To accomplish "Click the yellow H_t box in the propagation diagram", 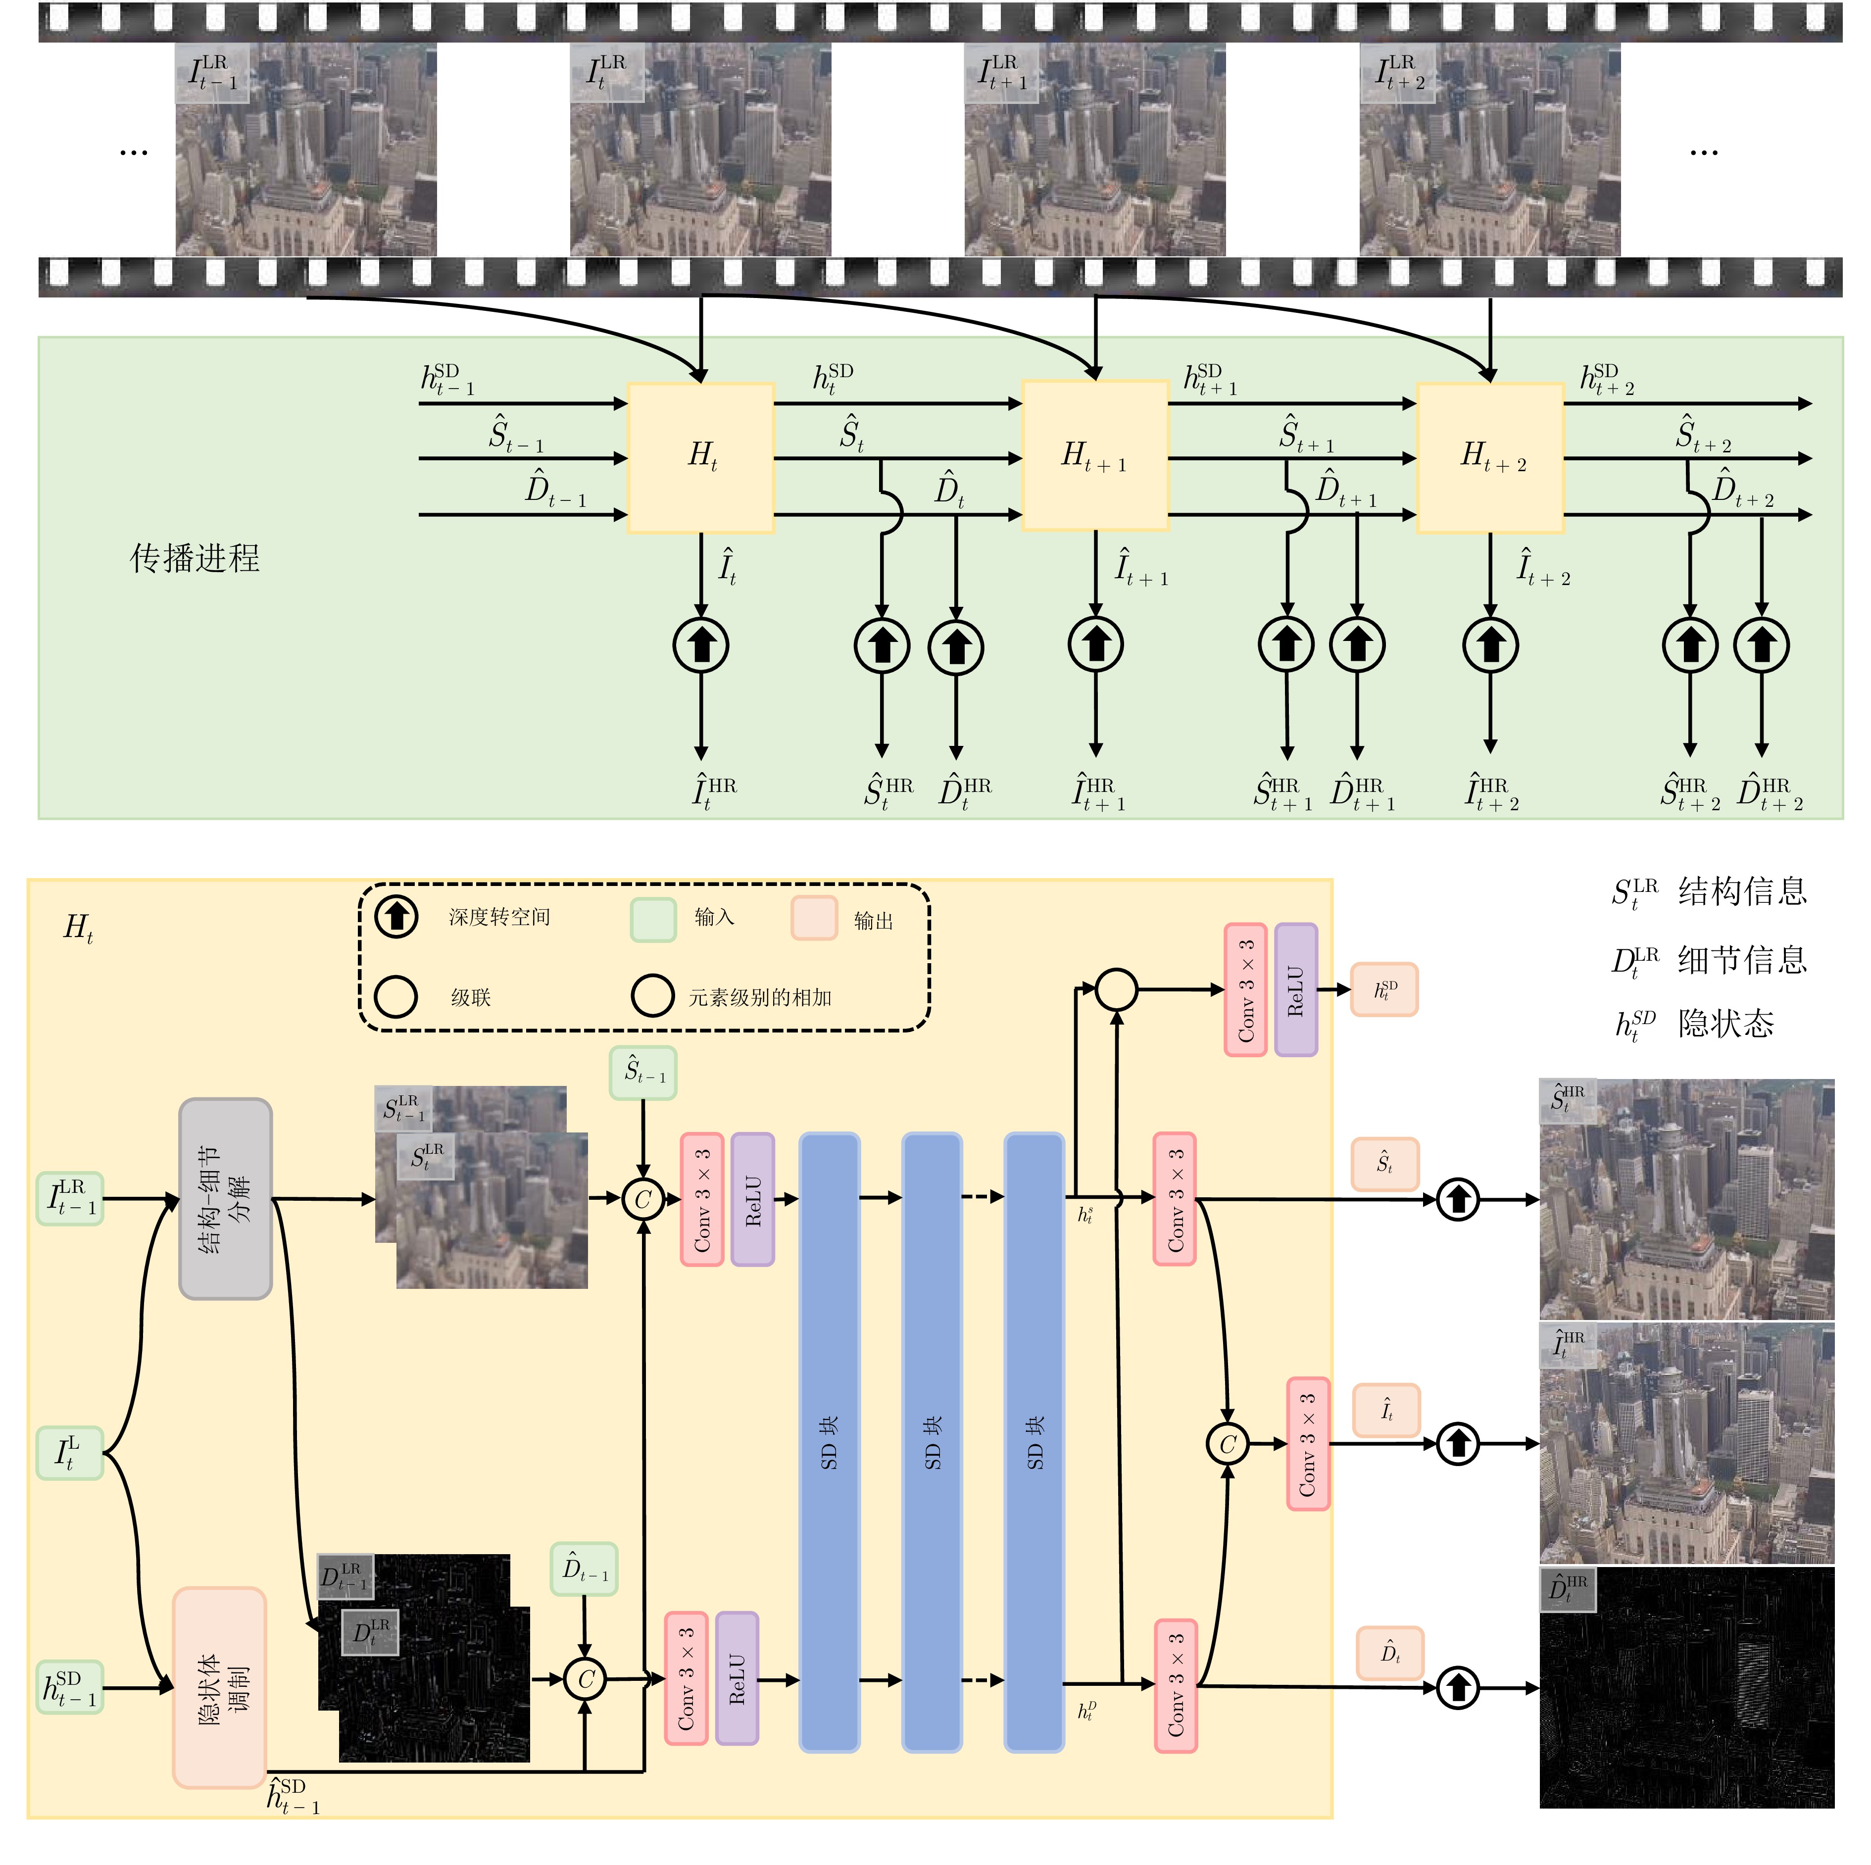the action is point(701,457).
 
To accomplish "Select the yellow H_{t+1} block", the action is point(1095,455).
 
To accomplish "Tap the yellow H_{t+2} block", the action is point(1490,457).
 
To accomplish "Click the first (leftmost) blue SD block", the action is point(829,1443).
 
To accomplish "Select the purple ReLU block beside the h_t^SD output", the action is point(1296,989).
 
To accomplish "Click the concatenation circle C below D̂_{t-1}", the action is point(585,1679).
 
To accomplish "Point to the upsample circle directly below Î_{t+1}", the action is point(1095,644).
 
